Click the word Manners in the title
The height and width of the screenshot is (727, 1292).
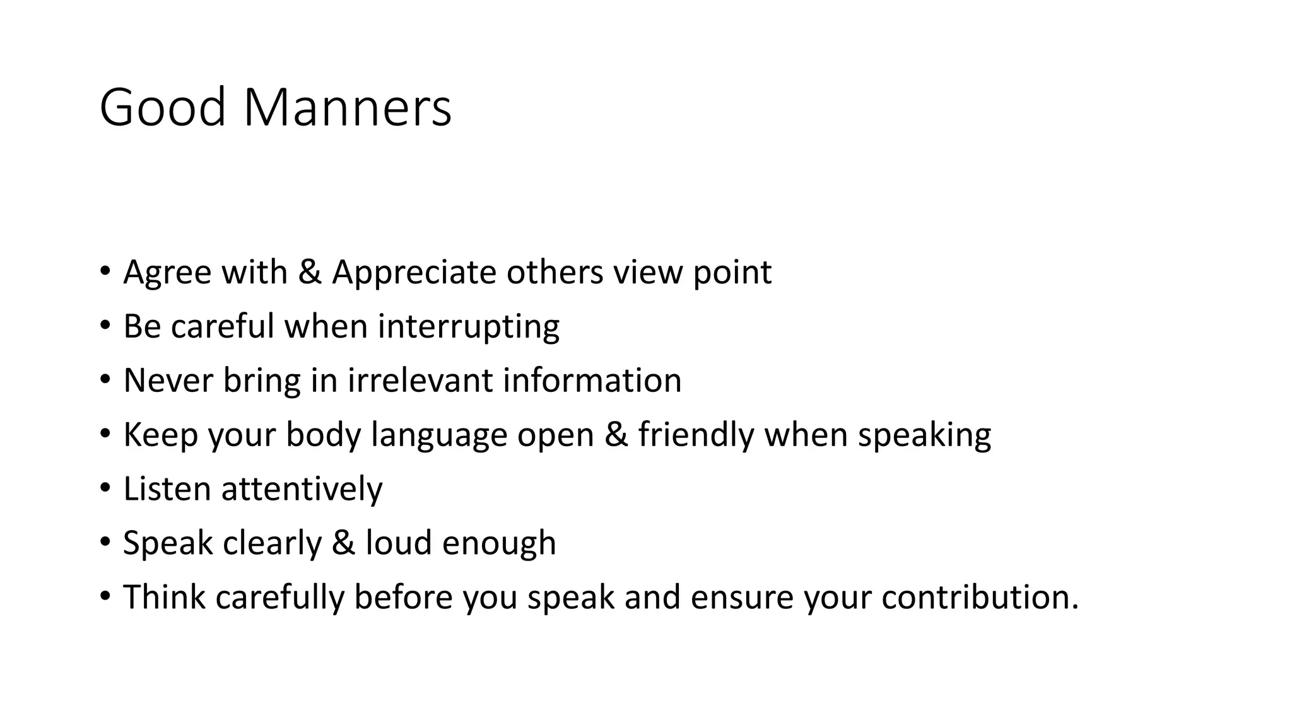click(347, 107)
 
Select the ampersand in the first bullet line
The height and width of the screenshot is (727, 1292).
click(309, 272)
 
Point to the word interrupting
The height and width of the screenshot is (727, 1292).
click(468, 327)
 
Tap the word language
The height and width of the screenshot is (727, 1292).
click(439, 435)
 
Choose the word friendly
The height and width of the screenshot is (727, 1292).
click(696, 435)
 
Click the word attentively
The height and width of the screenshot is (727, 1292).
click(302, 489)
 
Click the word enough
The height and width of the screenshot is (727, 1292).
click(499, 543)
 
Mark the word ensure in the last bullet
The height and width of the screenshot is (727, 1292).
click(741, 598)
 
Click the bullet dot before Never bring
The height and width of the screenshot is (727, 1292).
click(105, 380)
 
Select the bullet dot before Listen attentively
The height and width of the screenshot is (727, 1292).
click(105, 488)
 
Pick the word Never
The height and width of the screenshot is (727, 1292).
click(168, 381)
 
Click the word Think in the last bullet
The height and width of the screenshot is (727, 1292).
click(164, 597)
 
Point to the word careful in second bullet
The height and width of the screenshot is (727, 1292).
click(222, 326)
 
